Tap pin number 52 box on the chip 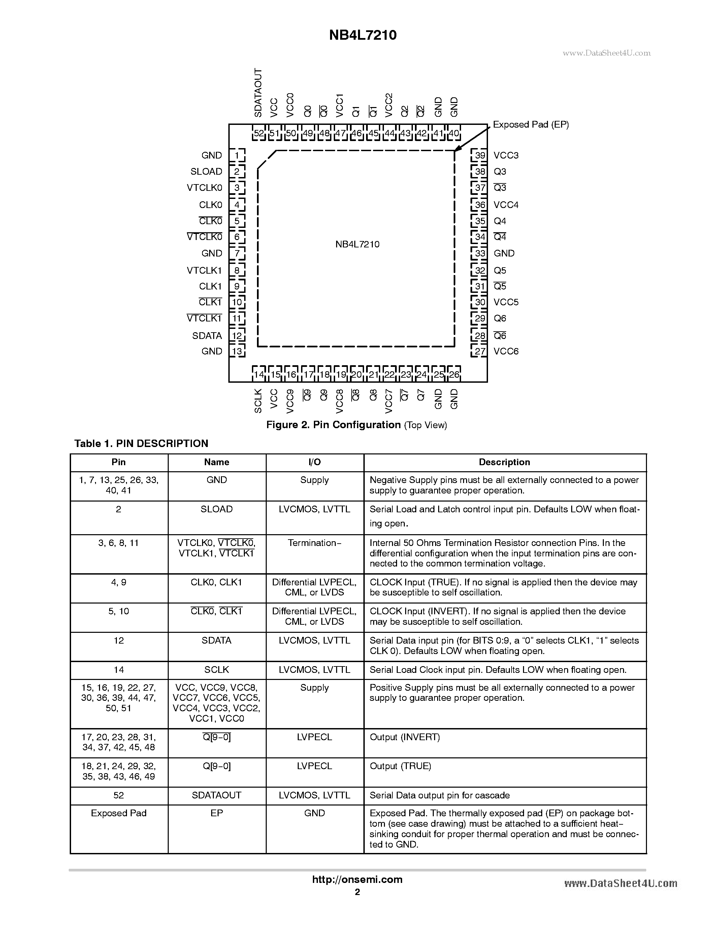click(258, 134)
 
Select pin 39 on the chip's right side click(480, 155)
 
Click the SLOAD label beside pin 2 click(206, 172)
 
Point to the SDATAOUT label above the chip click(258, 93)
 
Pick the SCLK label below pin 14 click(258, 401)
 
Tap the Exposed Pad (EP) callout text click(531, 125)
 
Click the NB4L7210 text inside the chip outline click(357, 245)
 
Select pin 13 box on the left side click(237, 351)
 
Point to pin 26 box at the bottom click(454, 374)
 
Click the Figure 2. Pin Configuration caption click(356, 425)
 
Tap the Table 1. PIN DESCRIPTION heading click(141, 444)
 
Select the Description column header click(505, 462)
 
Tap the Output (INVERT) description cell click(405, 737)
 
